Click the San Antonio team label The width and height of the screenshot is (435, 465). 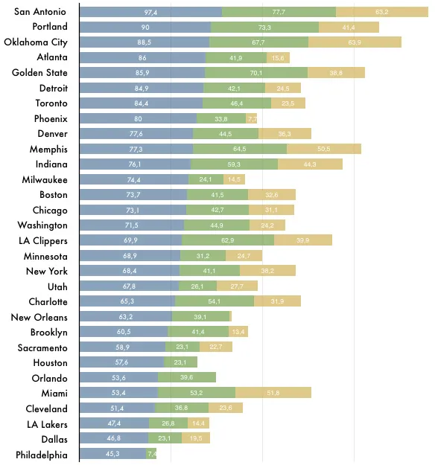(x=40, y=12)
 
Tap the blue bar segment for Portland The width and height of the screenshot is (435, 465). (x=145, y=27)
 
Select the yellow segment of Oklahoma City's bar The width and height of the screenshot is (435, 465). (x=355, y=42)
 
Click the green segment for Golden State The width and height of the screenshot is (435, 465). (x=256, y=73)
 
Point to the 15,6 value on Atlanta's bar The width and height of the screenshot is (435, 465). (x=278, y=58)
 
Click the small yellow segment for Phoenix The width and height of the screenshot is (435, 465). (x=252, y=118)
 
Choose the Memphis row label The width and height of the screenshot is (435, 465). (x=48, y=149)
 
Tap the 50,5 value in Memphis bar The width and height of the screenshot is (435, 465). (x=324, y=149)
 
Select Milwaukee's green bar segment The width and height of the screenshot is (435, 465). (x=206, y=179)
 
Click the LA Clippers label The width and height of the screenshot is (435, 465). (x=43, y=240)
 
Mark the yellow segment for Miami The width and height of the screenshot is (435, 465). (x=273, y=392)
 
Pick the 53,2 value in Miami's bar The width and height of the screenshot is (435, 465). (x=196, y=393)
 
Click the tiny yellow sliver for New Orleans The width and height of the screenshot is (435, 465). (x=231, y=316)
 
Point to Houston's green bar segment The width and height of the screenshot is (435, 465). (x=180, y=362)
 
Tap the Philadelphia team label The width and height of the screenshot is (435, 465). (x=42, y=455)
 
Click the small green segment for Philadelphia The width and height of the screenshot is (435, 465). (x=151, y=453)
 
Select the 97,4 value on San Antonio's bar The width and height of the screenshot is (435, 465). (x=150, y=12)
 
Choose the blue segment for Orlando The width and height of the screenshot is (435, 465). (x=118, y=377)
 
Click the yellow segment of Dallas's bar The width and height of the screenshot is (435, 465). (x=196, y=437)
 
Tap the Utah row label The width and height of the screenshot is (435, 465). (x=57, y=286)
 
